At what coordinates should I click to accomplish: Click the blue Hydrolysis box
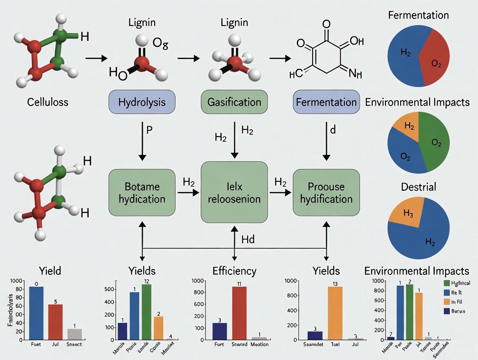click(x=142, y=103)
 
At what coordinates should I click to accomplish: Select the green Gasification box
click(x=234, y=103)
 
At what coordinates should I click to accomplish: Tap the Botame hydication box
click(x=142, y=193)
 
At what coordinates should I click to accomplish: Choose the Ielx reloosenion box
click(x=234, y=193)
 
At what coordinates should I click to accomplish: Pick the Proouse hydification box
click(x=326, y=193)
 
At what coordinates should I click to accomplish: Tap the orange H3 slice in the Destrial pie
click(x=407, y=212)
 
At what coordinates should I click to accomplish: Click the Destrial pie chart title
click(x=418, y=187)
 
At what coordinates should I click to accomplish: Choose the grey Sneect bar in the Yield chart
click(x=74, y=334)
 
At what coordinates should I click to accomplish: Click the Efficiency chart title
click(x=234, y=271)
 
